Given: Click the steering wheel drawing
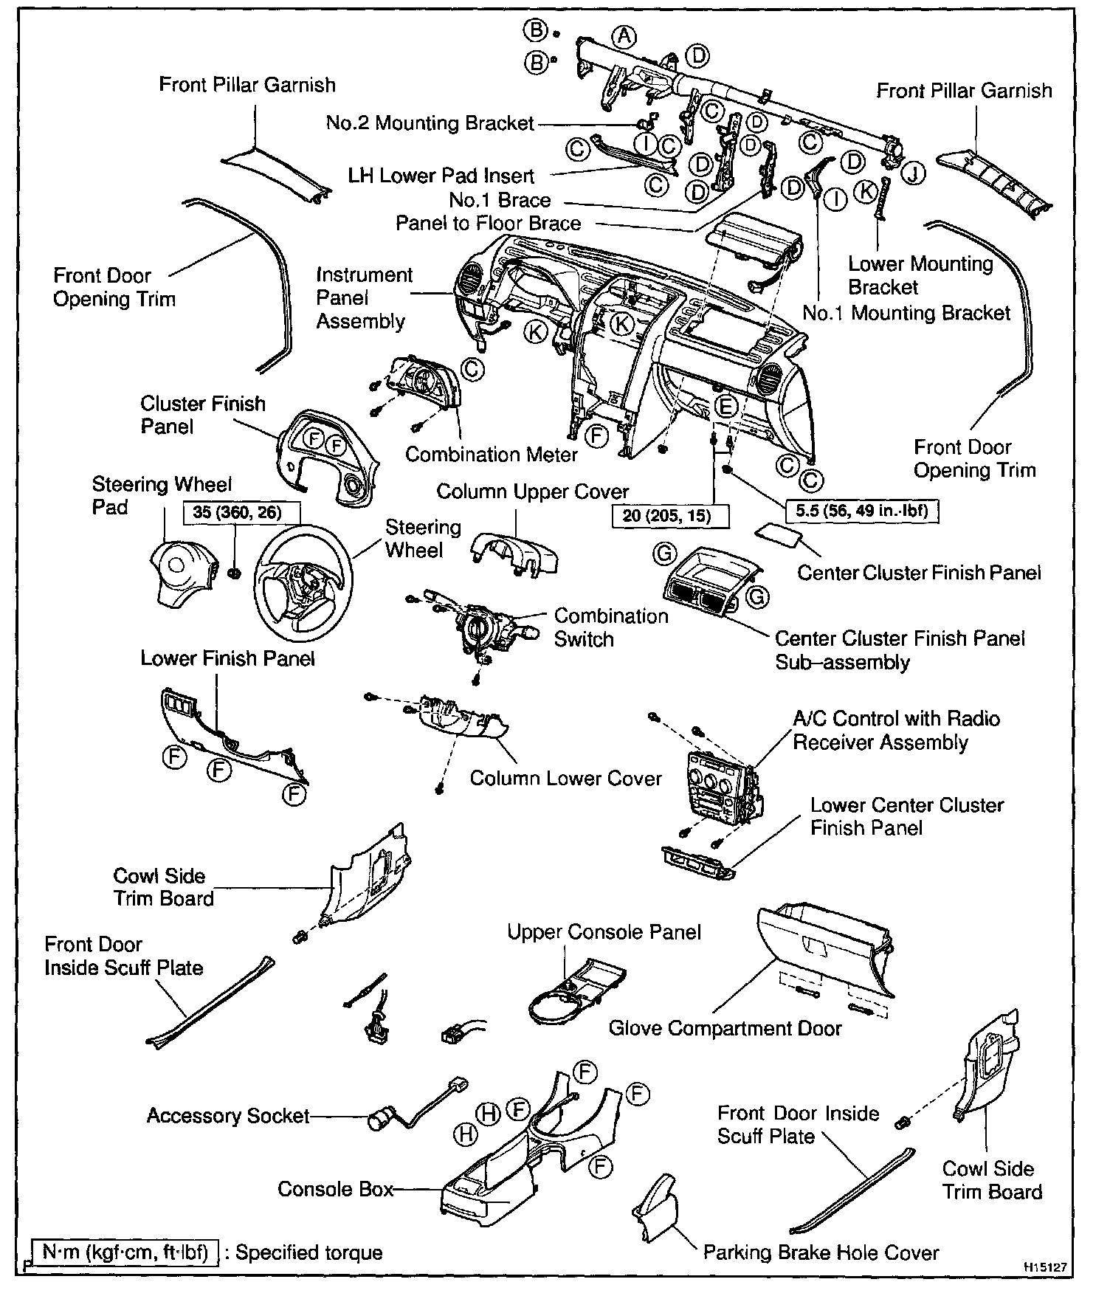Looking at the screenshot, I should (303, 583).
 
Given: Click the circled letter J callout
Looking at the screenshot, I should (914, 173).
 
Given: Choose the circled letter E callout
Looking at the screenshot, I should (727, 406).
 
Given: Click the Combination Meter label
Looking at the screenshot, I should (491, 454).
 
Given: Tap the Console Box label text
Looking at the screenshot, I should (335, 1189).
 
